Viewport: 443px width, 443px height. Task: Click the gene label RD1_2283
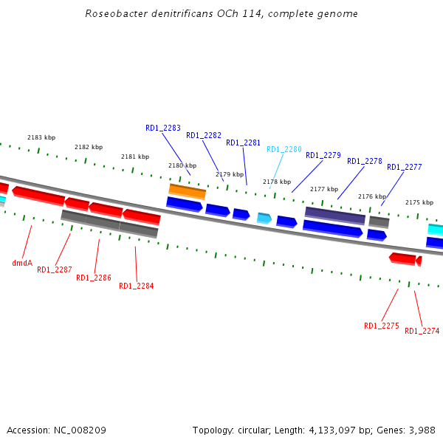163,128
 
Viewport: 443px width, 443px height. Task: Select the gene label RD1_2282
204,135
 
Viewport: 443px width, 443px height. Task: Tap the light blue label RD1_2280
284,149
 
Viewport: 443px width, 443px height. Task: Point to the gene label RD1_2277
405,167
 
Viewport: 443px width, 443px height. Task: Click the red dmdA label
22,263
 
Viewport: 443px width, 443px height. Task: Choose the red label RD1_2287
55,269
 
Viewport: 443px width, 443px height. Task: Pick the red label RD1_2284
137,286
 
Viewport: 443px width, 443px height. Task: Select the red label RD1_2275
382,326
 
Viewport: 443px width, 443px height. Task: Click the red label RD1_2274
422,331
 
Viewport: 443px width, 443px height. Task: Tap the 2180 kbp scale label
182,165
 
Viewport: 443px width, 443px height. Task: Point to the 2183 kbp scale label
41,137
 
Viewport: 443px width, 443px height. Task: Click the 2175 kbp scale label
419,202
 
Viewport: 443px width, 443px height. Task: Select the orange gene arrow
187,190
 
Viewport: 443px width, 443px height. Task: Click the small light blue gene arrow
264,218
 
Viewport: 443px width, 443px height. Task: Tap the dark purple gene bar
335,215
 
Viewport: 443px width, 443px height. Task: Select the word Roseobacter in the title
112,13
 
